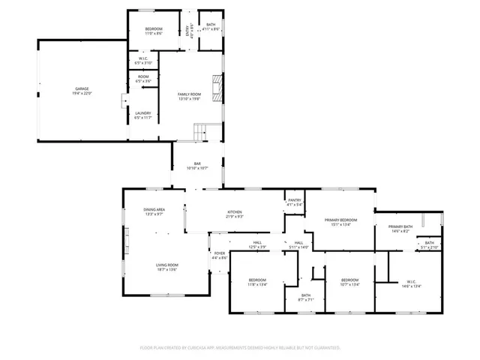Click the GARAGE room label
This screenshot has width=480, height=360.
(x=82, y=88)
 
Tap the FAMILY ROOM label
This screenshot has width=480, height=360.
(x=189, y=94)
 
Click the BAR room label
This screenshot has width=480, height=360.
(x=198, y=163)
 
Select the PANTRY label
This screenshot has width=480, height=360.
(x=295, y=199)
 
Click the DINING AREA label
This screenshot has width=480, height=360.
(x=154, y=209)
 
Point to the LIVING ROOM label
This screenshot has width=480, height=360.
(x=166, y=265)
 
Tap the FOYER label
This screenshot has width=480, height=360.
(x=220, y=253)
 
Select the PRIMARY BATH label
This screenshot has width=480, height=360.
(x=400, y=226)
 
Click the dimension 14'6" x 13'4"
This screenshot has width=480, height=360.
(x=411, y=286)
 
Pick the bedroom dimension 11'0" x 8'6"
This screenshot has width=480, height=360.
(x=154, y=34)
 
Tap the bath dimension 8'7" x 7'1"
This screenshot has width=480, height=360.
(x=306, y=300)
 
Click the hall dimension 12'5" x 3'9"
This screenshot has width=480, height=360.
(x=257, y=247)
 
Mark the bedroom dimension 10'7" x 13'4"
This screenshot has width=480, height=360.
(x=350, y=284)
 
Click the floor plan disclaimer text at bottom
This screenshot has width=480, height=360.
(x=240, y=347)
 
